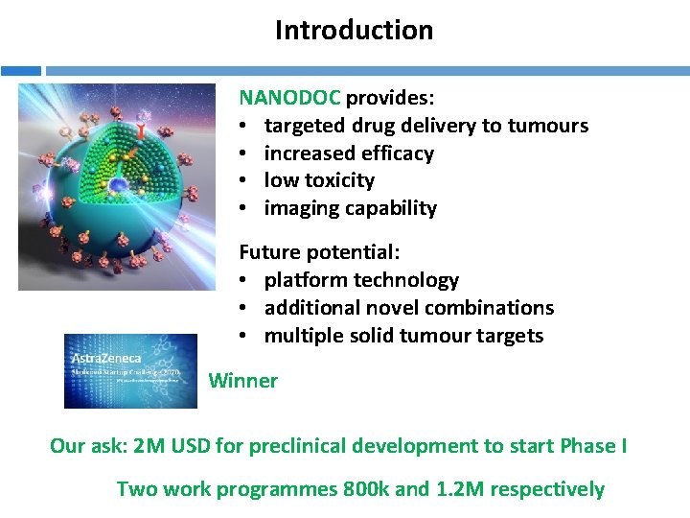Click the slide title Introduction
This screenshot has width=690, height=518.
(354, 31)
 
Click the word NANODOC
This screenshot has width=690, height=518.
(289, 98)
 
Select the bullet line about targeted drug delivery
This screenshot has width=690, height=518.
(425, 126)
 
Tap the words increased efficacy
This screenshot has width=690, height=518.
(349, 153)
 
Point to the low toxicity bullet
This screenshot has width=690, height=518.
(319, 180)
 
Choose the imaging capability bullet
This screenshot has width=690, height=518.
(350, 208)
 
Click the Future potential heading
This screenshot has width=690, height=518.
(319, 252)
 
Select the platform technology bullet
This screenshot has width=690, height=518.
(361, 280)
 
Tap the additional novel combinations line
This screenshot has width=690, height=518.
(408, 308)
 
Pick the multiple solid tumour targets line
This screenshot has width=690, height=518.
(403, 336)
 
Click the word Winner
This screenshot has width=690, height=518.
(242, 381)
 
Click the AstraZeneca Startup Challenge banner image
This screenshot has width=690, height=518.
(129, 371)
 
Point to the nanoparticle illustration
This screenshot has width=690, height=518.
(117, 186)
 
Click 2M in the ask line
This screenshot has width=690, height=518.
(149, 446)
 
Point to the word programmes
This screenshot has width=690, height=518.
(277, 489)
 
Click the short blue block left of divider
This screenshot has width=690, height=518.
(20, 70)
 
